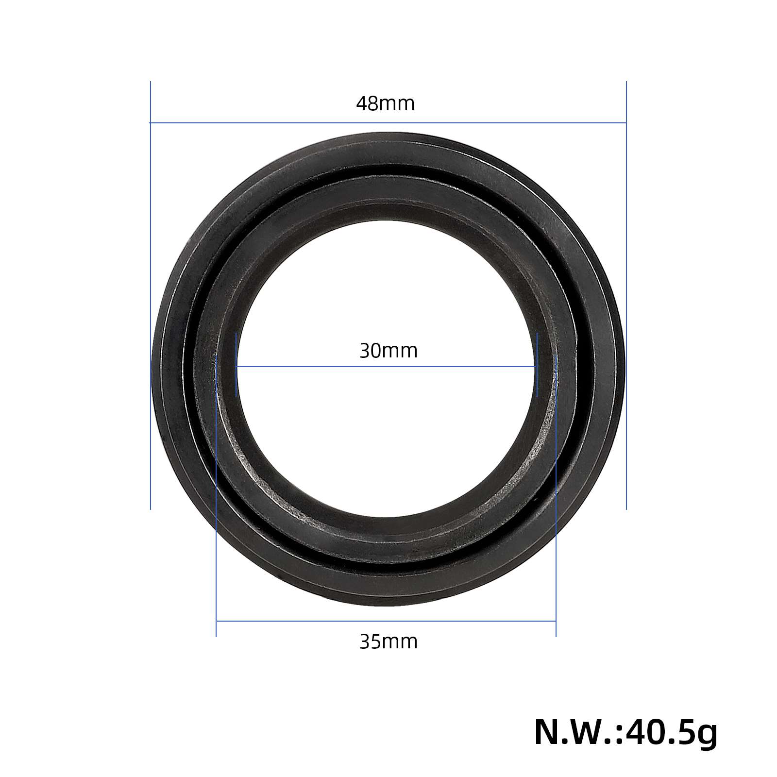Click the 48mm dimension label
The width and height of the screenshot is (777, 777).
tap(386, 103)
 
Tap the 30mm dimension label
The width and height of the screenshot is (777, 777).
tap(388, 351)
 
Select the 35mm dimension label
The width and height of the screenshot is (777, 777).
tap(388, 642)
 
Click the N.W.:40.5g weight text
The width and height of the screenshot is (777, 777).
tap(625, 734)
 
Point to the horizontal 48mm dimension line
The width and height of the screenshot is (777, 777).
tap(388, 123)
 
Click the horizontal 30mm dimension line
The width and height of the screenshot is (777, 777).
tap(387, 366)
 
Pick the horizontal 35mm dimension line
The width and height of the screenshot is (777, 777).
tap(386, 621)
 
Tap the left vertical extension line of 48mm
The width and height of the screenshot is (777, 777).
tap(151, 295)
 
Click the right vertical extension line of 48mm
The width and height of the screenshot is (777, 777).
tap(626, 295)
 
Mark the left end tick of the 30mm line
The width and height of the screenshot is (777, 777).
tap(236, 365)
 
